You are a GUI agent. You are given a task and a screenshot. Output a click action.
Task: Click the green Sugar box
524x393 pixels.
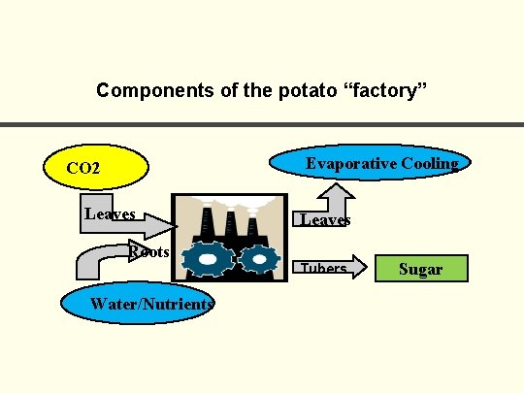coord(421,269)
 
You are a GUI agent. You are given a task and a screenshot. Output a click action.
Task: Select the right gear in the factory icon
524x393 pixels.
coord(258,259)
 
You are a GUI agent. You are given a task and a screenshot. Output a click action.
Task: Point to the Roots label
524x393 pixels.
coord(149,252)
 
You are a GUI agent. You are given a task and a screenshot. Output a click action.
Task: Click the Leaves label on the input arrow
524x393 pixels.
coord(110,213)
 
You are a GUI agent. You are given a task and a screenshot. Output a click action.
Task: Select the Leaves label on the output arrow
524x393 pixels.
coord(325,220)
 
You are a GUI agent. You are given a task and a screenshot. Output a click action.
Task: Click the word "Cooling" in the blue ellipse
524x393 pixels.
coord(423,163)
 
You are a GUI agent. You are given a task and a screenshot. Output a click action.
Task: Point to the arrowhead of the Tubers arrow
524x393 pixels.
coord(358,268)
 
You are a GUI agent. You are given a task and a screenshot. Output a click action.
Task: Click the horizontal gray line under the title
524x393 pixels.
coord(262,124)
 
